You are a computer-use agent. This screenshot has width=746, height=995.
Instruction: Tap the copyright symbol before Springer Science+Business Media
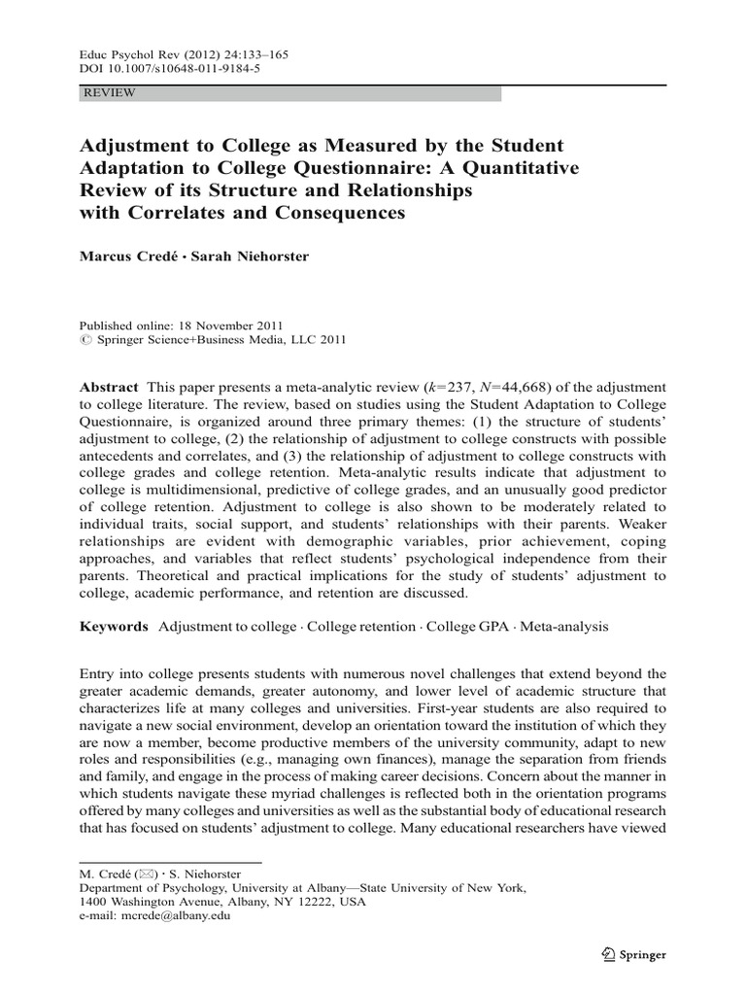84,341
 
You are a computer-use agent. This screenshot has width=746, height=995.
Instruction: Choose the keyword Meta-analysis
564,627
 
